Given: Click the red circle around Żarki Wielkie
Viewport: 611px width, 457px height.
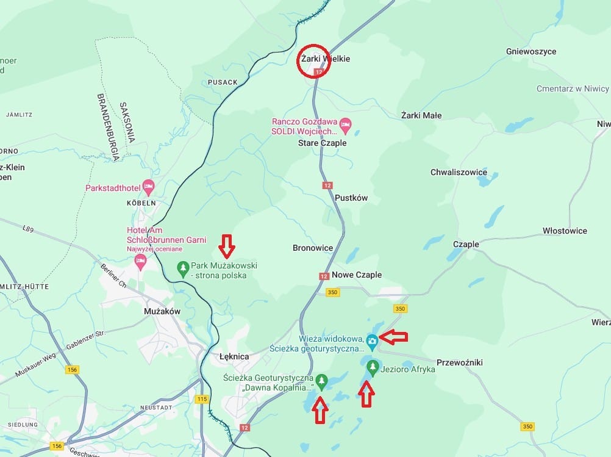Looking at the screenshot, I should tap(313, 61).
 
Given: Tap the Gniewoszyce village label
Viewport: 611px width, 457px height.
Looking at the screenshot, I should tap(531, 52).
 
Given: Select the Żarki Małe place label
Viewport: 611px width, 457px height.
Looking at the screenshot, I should tap(421, 115).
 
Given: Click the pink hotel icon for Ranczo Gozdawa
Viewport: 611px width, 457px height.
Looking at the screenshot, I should tap(345, 125).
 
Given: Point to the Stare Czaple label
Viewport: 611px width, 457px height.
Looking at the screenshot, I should tap(322, 143).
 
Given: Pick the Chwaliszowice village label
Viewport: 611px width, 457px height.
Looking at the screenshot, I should tap(459, 172).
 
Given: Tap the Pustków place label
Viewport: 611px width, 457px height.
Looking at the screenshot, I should tap(351, 198).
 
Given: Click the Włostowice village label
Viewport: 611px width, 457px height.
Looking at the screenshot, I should tap(565, 231).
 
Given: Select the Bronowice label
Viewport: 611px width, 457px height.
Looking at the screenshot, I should tap(313, 248).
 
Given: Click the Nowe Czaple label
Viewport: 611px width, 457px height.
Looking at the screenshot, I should tap(357, 275).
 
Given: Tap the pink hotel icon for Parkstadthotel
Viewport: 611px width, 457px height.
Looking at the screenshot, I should tap(148, 185).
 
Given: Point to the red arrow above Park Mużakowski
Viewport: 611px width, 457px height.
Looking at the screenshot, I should tap(227, 245).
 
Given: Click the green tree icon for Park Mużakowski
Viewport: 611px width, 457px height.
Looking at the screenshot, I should tap(182, 267).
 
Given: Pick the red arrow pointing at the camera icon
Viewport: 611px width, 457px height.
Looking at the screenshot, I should tap(392, 336).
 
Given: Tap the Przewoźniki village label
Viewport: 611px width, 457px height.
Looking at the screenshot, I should tap(460, 362).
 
